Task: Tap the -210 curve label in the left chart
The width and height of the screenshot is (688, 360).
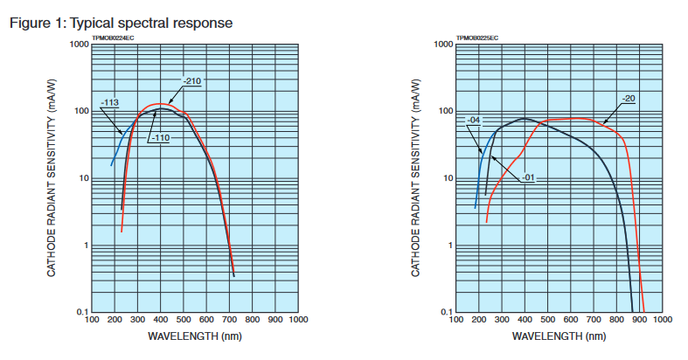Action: click(x=192, y=81)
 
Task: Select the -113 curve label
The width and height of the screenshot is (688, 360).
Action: click(x=110, y=103)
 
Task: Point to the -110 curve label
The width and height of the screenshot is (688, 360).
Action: click(x=159, y=138)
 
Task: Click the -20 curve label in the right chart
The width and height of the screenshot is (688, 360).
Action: click(x=629, y=97)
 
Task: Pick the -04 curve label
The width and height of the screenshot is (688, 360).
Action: click(x=475, y=120)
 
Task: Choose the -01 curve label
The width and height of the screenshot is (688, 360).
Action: click(x=528, y=178)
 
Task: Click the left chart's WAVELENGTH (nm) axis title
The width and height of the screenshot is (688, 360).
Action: click(x=194, y=336)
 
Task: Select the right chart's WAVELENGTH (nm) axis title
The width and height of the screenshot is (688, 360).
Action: click(x=558, y=336)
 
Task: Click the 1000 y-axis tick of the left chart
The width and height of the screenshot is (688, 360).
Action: click(x=79, y=45)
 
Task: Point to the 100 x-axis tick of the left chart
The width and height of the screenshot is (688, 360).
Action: click(x=92, y=321)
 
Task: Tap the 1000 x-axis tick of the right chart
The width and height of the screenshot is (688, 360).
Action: click(x=661, y=321)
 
